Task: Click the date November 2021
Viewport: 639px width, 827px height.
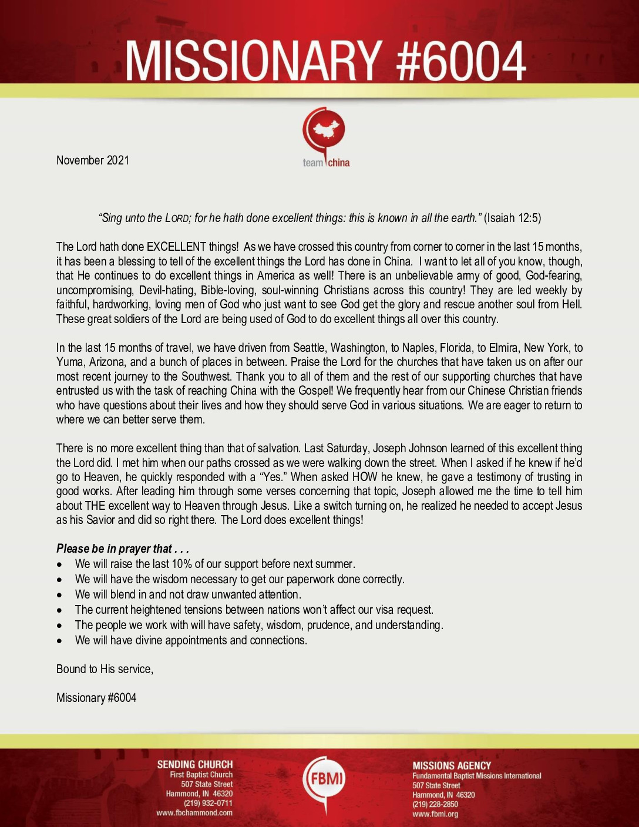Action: click(93, 160)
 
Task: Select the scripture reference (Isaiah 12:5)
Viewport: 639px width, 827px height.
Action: click(513, 218)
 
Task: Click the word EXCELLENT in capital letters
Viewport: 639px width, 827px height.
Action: click(176, 247)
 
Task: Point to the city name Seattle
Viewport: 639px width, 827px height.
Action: click(308, 348)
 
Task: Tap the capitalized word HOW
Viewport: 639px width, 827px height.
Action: click(365, 477)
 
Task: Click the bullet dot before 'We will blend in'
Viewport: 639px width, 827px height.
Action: click(60, 595)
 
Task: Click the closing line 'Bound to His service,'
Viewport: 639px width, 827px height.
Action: click(105, 669)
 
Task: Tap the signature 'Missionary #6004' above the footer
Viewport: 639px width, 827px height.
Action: click(96, 698)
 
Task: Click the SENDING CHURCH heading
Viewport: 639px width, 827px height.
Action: click(194, 764)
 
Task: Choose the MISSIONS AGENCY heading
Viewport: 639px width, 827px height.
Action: click(452, 765)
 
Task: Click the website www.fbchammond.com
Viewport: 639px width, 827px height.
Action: click(194, 813)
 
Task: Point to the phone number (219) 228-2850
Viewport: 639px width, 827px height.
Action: click(435, 804)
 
